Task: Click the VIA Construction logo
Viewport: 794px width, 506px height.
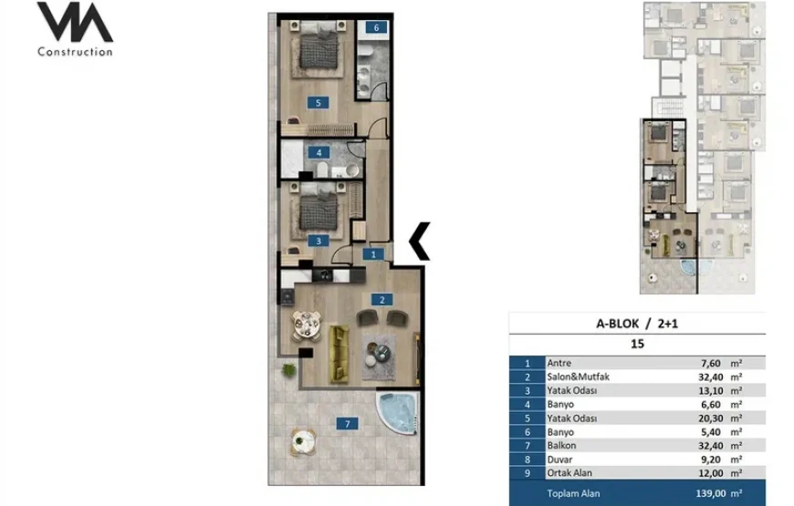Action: pyautogui.click(x=75, y=29)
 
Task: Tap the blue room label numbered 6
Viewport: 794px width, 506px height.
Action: pyautogui.click(x=376, y=27)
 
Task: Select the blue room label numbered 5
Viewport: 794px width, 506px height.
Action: pyautogui.click(x=318, y=103)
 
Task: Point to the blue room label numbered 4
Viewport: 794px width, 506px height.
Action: pyautogui.click(x=319, y=152)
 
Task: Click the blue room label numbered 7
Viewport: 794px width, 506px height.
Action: pyautogui.click(x=348, y=424)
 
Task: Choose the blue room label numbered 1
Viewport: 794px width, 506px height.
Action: pyautogui.click(x=373, y=254)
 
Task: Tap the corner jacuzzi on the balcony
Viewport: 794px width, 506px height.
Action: pyautogui.click(x=399, y=412)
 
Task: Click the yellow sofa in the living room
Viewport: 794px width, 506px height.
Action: pyautogui.click(x=340, y=354)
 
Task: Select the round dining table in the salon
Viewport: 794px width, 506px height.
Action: pyautogui.click(x=306, y=325)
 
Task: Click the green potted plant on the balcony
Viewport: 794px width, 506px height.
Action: pyautogui.click(x=288, y=369)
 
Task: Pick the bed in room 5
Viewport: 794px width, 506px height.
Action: pyautogui.click(x=318, y=49)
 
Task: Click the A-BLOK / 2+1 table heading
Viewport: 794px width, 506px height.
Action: pyautogui.click(x=637, y=324)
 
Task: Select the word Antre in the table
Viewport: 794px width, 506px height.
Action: pyautogui.click(x=559, y=363)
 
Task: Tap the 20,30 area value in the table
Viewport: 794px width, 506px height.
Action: pyautogui.click(x=709, y=418)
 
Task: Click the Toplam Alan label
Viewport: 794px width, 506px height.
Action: pyautogui.click(x=573, y=493)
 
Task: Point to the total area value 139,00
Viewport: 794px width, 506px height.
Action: pyautogui.click(x=712, y=493)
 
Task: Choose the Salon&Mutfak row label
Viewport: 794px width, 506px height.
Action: pyautogui.click(x=579, y=377)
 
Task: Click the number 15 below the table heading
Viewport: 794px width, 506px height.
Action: pyautogui.click(x=637, y=344)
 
